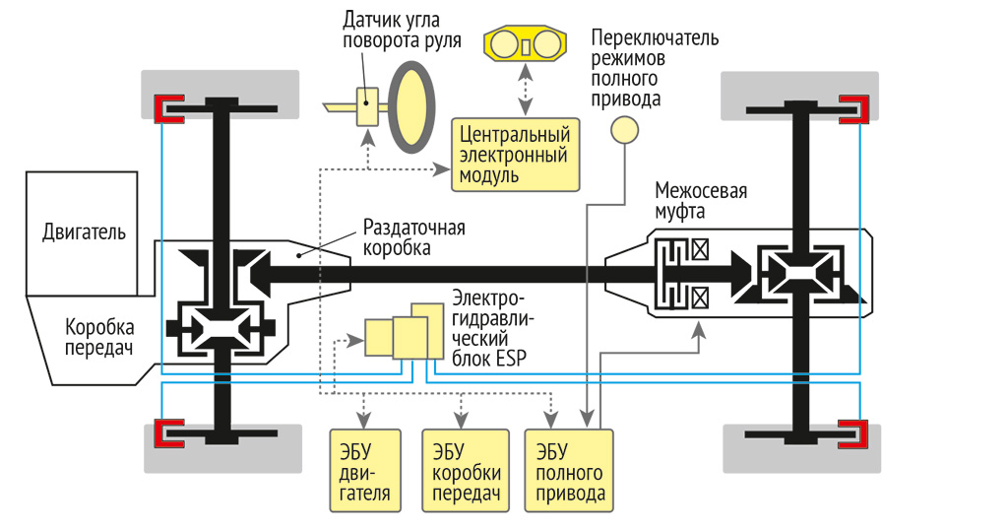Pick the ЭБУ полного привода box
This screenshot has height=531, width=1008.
coord(569,471)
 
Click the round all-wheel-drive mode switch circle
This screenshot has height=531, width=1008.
coord(624,130)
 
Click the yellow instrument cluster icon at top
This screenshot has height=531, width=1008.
coord(525,44)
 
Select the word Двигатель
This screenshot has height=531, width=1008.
coord(84,232)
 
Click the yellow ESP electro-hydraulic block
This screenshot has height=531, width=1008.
coord(405,332)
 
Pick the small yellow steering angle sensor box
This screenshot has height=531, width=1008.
coord(368,103)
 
